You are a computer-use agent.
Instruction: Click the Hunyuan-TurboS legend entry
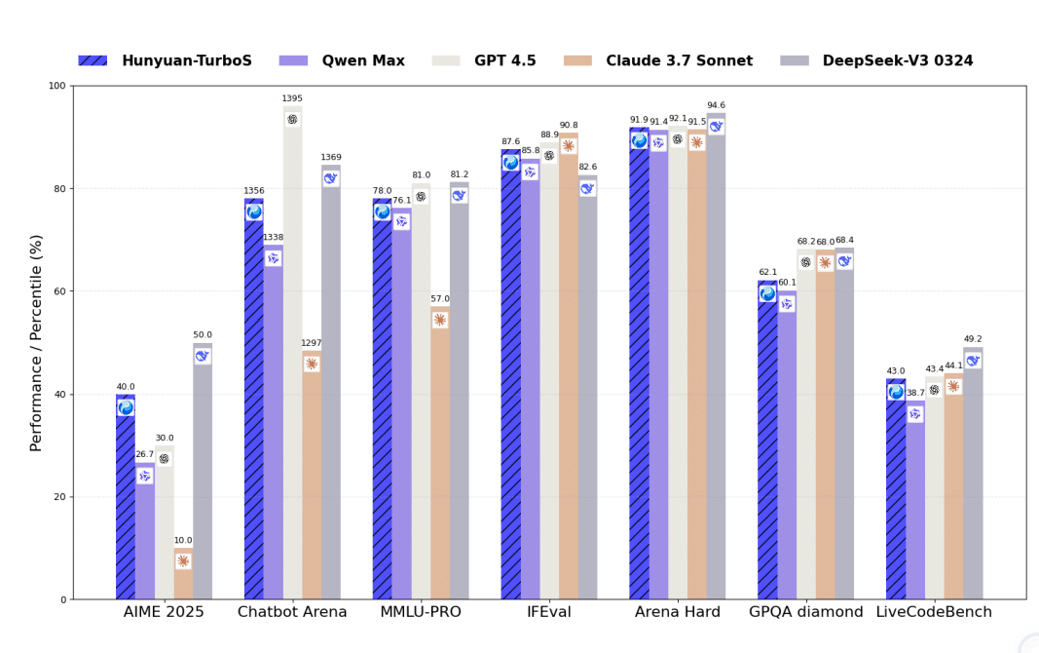point(166,60)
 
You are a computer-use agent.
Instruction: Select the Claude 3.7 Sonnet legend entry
point(657,60)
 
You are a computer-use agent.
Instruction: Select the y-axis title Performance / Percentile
point(37,342)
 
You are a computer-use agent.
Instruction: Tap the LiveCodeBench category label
point(934,612)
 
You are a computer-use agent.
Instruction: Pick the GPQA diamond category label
point(805,612)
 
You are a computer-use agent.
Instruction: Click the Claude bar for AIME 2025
point(183,575)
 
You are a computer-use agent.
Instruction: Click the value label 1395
point(292,98)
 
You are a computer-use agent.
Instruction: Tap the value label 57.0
point(440,299)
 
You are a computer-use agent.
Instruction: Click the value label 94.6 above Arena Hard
point(716,105)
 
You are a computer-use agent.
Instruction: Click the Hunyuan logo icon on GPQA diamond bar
point(767,293)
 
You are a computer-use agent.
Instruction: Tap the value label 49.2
point(973,339)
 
